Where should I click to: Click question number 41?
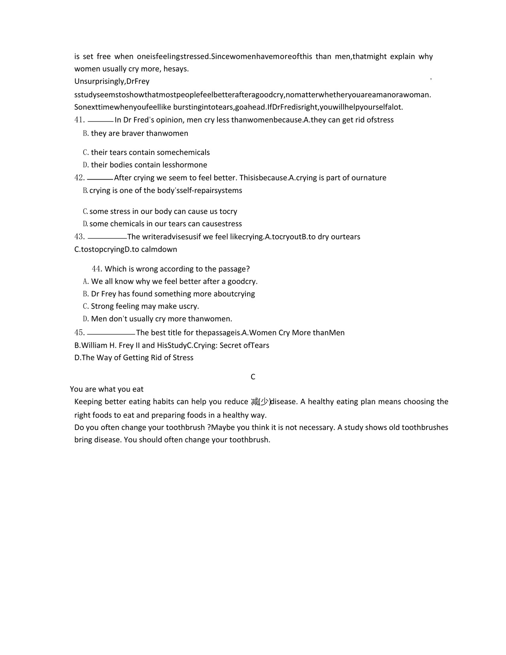tap(79, 120)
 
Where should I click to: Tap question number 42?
tap(79, 178)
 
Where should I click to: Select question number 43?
tap(79, 237)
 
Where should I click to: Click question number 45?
tap(79, 333)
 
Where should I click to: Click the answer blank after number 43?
tap(107, 238)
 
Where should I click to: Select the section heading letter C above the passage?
tap(253, 377)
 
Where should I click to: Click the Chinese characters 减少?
tap(260, 402)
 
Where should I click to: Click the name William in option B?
tap(96, 345)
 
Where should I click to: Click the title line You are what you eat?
tap(107, 389)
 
